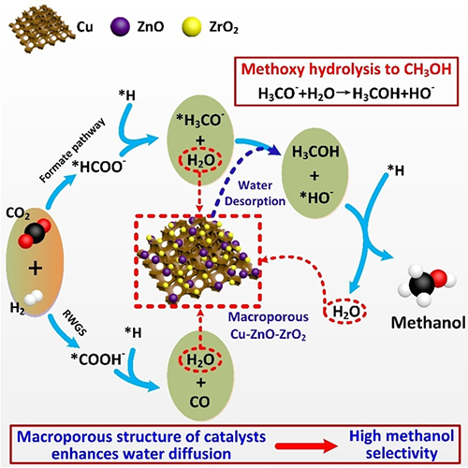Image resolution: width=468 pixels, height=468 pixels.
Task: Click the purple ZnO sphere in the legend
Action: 120,27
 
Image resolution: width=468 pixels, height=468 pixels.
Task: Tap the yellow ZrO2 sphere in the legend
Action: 191,27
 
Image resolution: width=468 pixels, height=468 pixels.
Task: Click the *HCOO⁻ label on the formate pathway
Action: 97,167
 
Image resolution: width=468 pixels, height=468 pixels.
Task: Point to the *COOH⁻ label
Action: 96,359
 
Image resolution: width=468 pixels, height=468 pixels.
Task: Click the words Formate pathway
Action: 73,151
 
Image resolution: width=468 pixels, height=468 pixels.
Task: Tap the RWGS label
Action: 75,323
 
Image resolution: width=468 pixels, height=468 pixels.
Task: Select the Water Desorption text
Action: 255,193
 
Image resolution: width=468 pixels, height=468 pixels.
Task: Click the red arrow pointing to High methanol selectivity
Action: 306,446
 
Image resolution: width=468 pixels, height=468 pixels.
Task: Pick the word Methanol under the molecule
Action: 429,323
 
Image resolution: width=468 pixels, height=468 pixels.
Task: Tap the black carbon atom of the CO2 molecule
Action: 35,234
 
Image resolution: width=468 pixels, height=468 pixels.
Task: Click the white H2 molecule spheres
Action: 34,298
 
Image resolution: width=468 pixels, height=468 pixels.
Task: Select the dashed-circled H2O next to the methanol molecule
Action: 344,312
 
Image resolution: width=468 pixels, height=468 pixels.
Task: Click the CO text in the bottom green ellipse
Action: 200,402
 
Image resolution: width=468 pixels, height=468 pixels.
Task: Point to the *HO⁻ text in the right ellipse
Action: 316,197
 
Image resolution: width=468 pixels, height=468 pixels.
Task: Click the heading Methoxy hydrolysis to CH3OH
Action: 346,69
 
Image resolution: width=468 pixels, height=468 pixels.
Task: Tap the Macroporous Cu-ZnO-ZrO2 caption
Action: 269,326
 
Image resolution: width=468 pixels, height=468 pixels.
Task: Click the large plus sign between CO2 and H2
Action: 36,268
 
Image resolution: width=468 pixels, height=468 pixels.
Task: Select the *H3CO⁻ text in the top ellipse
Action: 200,120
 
